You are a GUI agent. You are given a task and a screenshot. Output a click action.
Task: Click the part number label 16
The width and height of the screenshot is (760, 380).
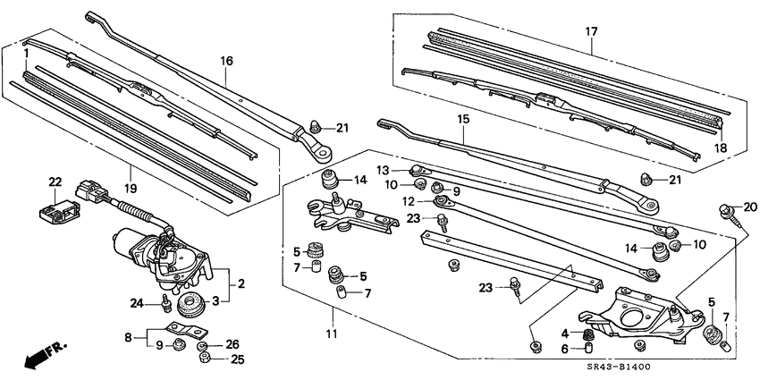click(226, 61)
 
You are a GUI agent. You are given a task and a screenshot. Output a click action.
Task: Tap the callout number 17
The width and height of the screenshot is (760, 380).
click(591, 32)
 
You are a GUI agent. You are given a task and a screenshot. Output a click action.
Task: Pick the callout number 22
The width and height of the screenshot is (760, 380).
click(55, 183)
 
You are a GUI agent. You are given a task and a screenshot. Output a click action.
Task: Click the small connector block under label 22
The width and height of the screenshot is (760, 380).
click(56, 208)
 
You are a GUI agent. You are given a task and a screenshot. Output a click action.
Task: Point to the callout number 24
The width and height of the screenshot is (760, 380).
click(136, 303)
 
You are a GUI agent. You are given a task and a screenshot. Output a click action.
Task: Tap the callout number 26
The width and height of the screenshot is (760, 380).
click(233, 343)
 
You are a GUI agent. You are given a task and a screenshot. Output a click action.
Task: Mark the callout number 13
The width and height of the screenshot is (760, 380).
click(383, 170)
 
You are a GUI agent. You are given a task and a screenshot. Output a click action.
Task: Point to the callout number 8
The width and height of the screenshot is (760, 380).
click(129, 338)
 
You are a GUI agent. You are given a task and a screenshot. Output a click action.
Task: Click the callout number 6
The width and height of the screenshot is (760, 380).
click(563, 350)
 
